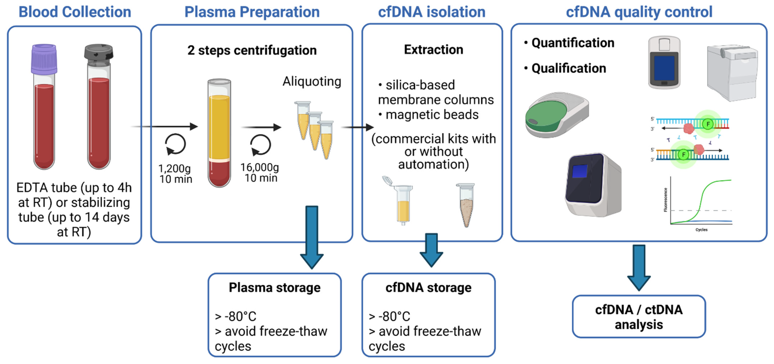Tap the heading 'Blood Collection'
75,12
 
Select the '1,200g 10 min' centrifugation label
175,174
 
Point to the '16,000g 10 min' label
260,172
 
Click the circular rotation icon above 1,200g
176,144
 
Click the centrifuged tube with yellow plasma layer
219,132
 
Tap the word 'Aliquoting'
312,81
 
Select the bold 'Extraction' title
433,50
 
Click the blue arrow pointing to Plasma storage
312,237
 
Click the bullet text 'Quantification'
573,43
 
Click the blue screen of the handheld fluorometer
664,68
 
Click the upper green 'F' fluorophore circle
708,124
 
